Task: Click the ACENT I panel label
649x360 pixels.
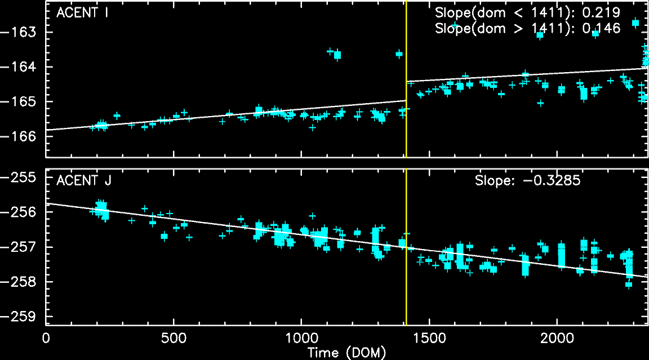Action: click(82, 13)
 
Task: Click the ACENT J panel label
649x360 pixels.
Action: click(83, 181)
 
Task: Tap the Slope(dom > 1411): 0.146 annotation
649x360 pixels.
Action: click(528, 29)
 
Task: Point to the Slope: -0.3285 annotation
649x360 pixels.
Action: click(527, 181)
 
